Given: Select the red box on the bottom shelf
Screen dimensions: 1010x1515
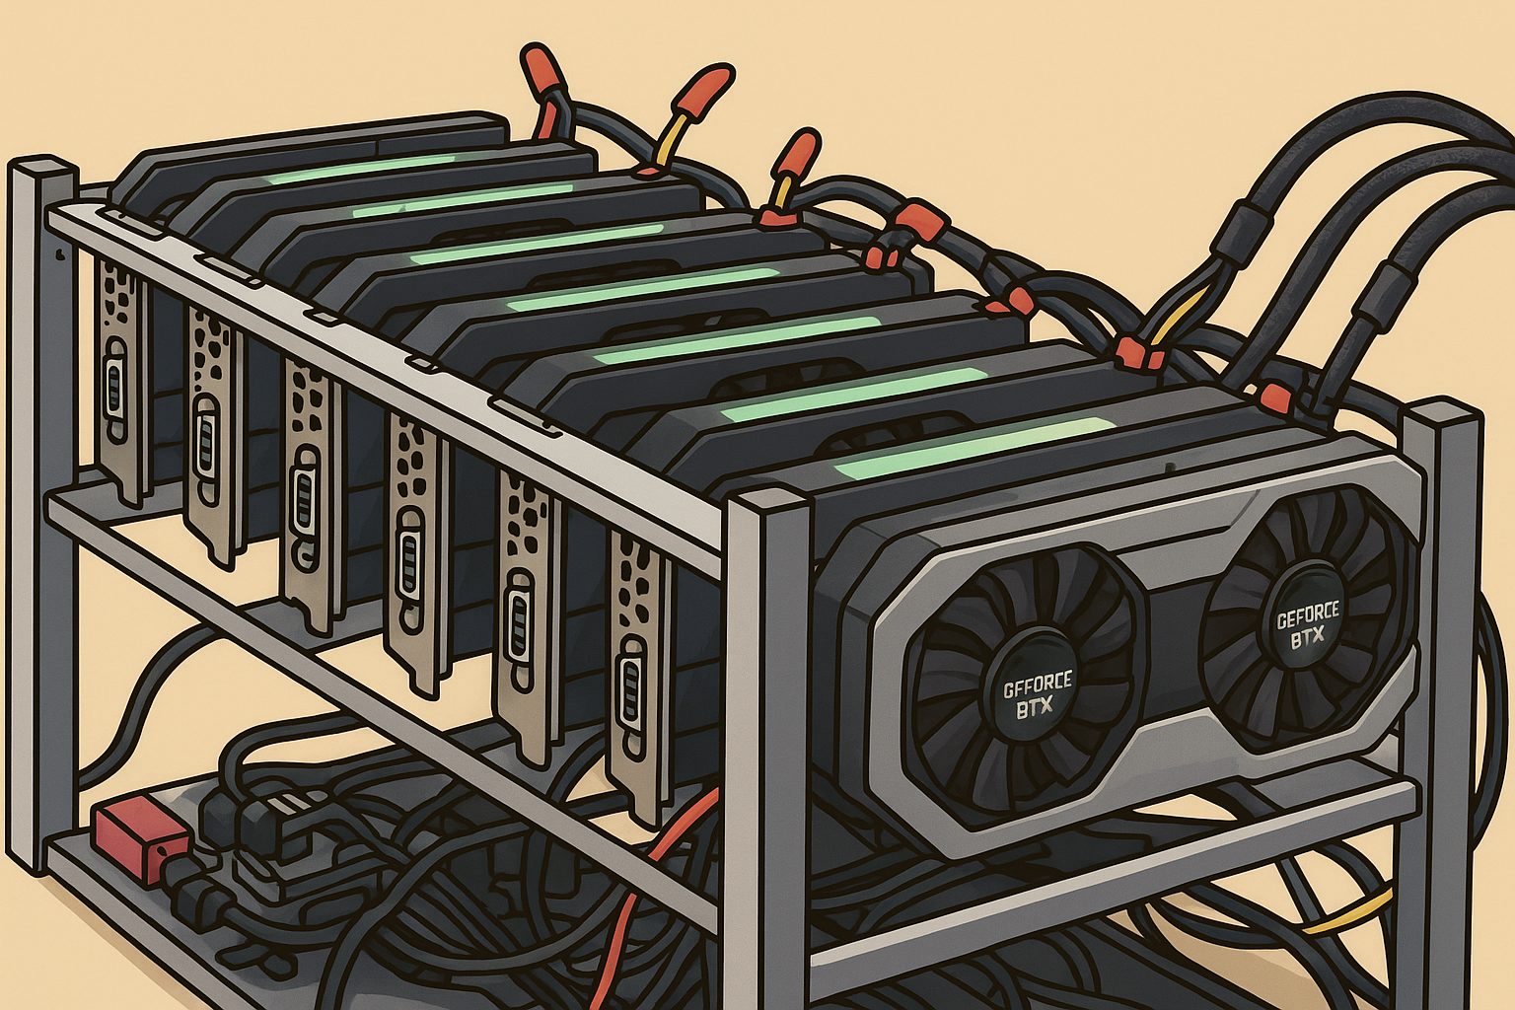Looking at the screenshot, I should [140, 837].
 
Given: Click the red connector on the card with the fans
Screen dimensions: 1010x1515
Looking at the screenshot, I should [1275, 397].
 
